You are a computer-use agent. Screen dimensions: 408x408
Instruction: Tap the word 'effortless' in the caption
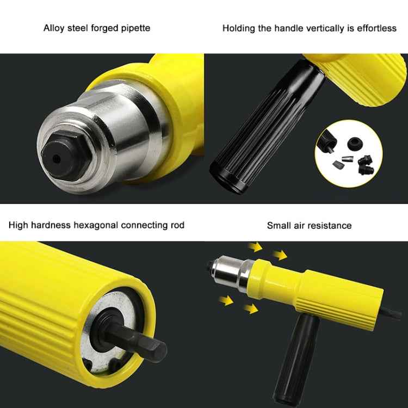[x=376, y=28]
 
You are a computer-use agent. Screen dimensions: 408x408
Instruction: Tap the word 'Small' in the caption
[x=279, y=225]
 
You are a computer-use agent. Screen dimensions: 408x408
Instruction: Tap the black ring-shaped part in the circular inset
[x=353, y=143]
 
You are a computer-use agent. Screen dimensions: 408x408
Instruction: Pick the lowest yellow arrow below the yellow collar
[x=250, y=309]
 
